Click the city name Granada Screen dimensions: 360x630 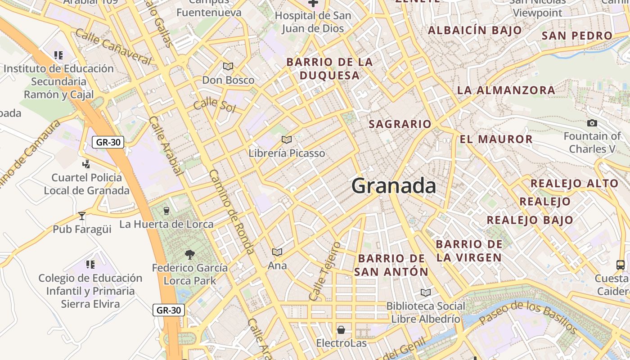click(x=393, y=185)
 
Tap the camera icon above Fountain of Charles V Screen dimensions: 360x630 click(x=592, y=123)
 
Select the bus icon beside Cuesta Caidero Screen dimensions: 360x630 click(x=621, y=265)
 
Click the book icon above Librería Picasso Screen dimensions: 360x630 click(x=287, y=139)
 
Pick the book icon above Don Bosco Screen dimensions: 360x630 click(x=228, y=67)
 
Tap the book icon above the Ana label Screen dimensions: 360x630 click(x=277, y=252)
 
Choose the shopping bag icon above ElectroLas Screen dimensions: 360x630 click(x=341, y=330)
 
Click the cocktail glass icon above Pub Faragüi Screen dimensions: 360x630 click(x=81, y=216)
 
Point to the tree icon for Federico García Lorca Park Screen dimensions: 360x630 click(x=190, y=255)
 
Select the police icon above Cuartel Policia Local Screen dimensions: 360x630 click(x=86, y=164)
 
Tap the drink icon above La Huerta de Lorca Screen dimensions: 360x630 click(x=166, y=211)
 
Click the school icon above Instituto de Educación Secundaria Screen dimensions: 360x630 click(x=58, y=55)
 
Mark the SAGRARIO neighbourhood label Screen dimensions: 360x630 click(x=400, y=124)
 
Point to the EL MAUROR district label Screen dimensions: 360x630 click(x=496, y=139)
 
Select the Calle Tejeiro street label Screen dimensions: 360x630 click(x=324, y=271)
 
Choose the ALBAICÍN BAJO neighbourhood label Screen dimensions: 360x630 click(x=475, y=31)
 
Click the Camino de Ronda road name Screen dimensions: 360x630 click(x=233, y=212)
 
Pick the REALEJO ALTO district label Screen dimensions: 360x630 click(x=574, y=183)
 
